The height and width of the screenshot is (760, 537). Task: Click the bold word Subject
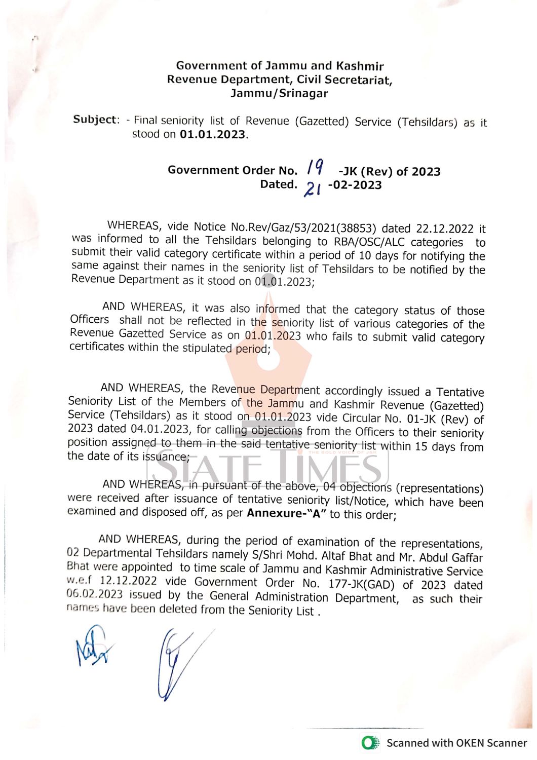tap(95, 120)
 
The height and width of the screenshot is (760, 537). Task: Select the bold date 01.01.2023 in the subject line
tap(212, 135)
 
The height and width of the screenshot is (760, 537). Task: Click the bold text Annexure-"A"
tap(286, 513)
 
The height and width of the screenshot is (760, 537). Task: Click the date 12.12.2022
tap(128, 581)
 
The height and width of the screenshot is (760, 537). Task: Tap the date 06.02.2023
tap(94, 594)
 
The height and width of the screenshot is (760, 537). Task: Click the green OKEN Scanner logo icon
tap(370, 743)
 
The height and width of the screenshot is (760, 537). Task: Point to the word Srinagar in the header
tap(303, 93)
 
